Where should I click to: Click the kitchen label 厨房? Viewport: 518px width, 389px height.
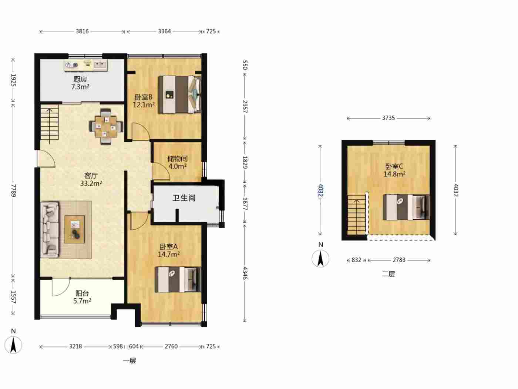(x=80, y=79)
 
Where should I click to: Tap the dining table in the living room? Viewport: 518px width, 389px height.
(x=106, y=127)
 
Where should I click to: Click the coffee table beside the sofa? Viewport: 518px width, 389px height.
(x=75, y=229)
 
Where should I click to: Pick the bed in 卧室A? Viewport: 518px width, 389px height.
(x=178, y=279)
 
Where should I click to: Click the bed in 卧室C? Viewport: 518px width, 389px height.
(x=406, y=207)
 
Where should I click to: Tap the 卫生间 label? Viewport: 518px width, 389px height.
(x=184, y=198)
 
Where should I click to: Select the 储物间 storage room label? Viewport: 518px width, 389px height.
(x=178, y=159)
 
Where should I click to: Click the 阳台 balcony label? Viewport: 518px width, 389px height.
(x=82, y=293)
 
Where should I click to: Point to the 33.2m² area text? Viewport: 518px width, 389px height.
(x=91, y=183)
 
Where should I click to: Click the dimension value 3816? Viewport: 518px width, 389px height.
(x=82, y=31)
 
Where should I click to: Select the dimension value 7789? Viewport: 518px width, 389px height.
(x=13, y=190)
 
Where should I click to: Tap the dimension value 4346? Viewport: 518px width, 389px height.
(x=245, y=273)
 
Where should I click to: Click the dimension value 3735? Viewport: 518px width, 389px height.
(x=388, y=118)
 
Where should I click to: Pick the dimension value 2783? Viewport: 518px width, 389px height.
(x=399, y=260)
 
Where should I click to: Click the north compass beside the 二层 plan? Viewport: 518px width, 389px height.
(x=320, y=258)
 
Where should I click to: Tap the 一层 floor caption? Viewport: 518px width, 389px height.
(x=129, y=360)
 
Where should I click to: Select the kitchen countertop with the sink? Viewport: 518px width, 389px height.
(x=86, y=65)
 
